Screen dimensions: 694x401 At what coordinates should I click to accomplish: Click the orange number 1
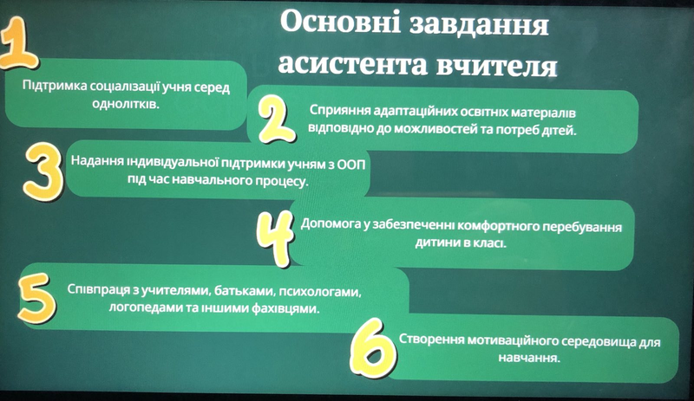pos(20,43)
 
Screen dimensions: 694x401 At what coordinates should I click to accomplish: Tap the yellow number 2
pos(275,119)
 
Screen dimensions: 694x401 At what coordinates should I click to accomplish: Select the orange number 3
pos(43,171)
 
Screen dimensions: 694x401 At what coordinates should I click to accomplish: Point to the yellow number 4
pos(276,237)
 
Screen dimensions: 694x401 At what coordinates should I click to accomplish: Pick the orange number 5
pos(37,298)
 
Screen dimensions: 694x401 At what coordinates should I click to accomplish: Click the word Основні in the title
pos(340,23)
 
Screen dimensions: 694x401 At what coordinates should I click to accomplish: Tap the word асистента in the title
pos(353,65)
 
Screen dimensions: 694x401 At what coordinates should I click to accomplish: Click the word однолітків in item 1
pos(126,105)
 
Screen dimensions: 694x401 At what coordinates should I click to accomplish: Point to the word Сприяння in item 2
pos(340,111)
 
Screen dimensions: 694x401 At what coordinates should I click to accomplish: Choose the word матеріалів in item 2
pos(544,113)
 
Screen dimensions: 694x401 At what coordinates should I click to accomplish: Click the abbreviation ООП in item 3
pos(352,163)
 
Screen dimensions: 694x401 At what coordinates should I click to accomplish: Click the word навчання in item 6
pos(529,357)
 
